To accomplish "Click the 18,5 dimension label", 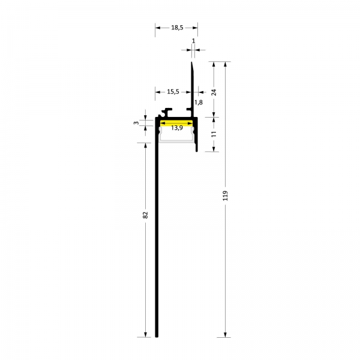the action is [x=177, y=28].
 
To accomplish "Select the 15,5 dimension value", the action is [x=173, y=92].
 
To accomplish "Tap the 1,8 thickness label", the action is [x=199, y=103].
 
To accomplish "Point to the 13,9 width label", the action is [x=177, y=128].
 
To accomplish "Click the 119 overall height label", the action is [x=225, y=196].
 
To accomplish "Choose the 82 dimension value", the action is [x=145, y=215].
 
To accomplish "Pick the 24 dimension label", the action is [x=214, y=92].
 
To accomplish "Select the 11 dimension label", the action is [x=214, y=134].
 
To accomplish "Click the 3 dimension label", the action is [x=136, y=123].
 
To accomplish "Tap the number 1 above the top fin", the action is [x=193, y=41].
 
